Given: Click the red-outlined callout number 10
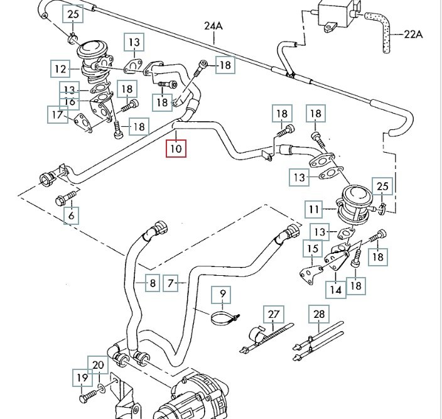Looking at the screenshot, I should point(175,149).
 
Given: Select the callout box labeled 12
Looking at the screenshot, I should point(60,68).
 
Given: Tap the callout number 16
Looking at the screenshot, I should point(69,102).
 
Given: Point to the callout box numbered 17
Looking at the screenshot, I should point(58,114).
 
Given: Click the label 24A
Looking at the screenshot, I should point(213,26).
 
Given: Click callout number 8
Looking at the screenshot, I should point(151,284).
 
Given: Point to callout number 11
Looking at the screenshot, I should point(314,209).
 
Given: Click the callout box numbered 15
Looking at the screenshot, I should point(313,250).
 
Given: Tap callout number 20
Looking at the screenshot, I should point(98,365).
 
